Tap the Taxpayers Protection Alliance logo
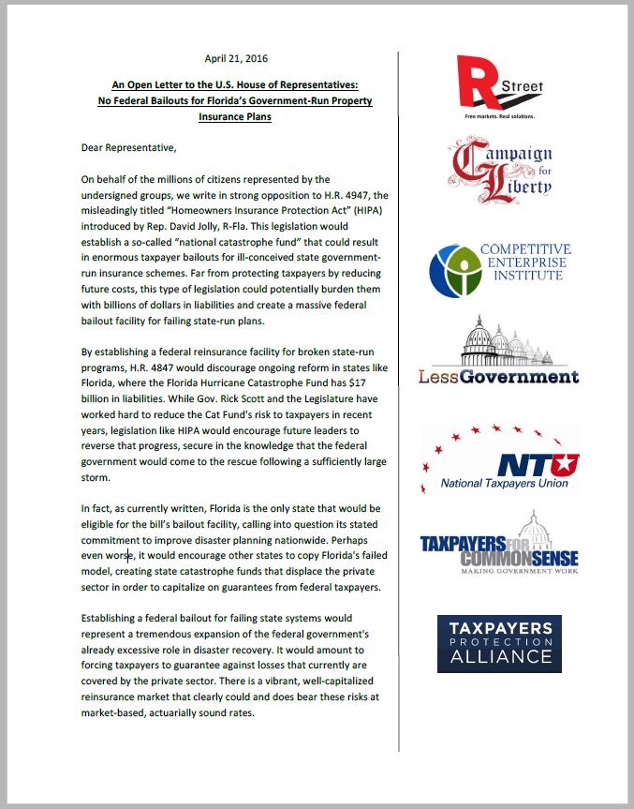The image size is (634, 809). pos(499,644)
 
